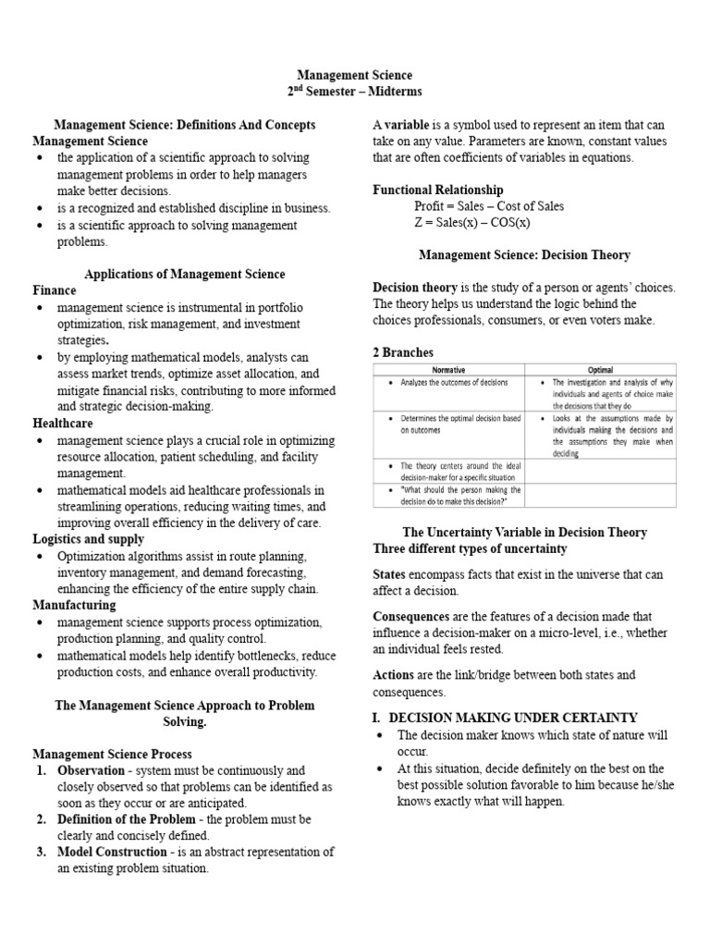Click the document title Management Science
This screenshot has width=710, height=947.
click(x=354, y=75)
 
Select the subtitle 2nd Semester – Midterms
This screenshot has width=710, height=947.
click(x=354, y=92)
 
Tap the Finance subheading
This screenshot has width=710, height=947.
click(x=55, y=290)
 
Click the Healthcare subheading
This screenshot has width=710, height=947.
click(x=64, y=423)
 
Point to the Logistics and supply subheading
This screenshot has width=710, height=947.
click(x=89, y=539)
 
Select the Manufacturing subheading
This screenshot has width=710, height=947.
click(x=74, y=605)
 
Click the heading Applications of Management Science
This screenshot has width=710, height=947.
click(x=185, y=274)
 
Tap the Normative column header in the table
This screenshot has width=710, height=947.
click(x=448, y=370)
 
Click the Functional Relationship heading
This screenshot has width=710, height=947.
click(x=438, y=190)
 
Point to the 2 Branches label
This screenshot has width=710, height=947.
click(x=403, y=352)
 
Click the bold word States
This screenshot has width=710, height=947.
click(x=388, y=574)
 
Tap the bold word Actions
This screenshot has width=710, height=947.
click(x=392, y=675)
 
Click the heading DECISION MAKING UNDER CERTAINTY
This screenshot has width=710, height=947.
click(x=513, y=718)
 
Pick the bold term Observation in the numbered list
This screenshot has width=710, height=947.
click(x=91, y=770)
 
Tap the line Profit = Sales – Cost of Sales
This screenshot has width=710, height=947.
click(x=489, y=206)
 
